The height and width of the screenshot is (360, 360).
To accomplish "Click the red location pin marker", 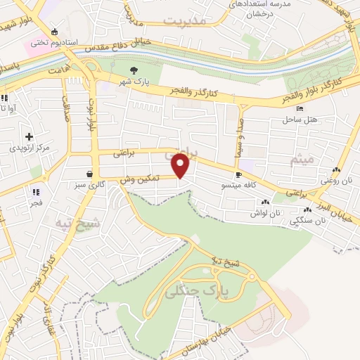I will pos(181,165).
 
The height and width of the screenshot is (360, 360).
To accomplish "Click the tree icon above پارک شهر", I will pos(134,69).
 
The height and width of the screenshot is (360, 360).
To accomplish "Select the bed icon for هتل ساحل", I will pos(301,109).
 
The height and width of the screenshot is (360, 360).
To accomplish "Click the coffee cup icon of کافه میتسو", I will pos(238,174).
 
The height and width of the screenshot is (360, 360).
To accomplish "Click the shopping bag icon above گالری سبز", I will pos(90,174).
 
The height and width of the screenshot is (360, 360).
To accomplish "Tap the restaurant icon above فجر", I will pos(35,191).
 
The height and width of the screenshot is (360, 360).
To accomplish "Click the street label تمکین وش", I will pos(140,181).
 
